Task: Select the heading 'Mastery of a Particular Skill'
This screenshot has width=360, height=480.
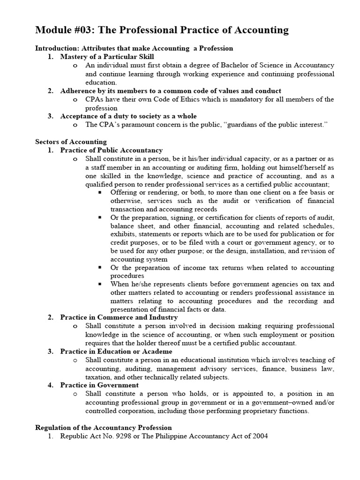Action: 107,57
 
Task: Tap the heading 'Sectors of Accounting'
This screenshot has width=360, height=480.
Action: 71,142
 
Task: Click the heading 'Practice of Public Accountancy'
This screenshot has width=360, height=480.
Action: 111,150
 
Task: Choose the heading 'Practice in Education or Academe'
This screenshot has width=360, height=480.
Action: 116,351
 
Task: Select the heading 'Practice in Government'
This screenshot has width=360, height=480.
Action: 99,385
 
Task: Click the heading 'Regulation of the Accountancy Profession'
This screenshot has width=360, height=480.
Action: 104,427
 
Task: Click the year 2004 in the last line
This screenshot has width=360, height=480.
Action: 259,436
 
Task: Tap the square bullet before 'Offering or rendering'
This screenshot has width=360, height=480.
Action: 100,192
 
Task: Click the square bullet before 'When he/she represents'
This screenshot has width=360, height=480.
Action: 100,284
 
